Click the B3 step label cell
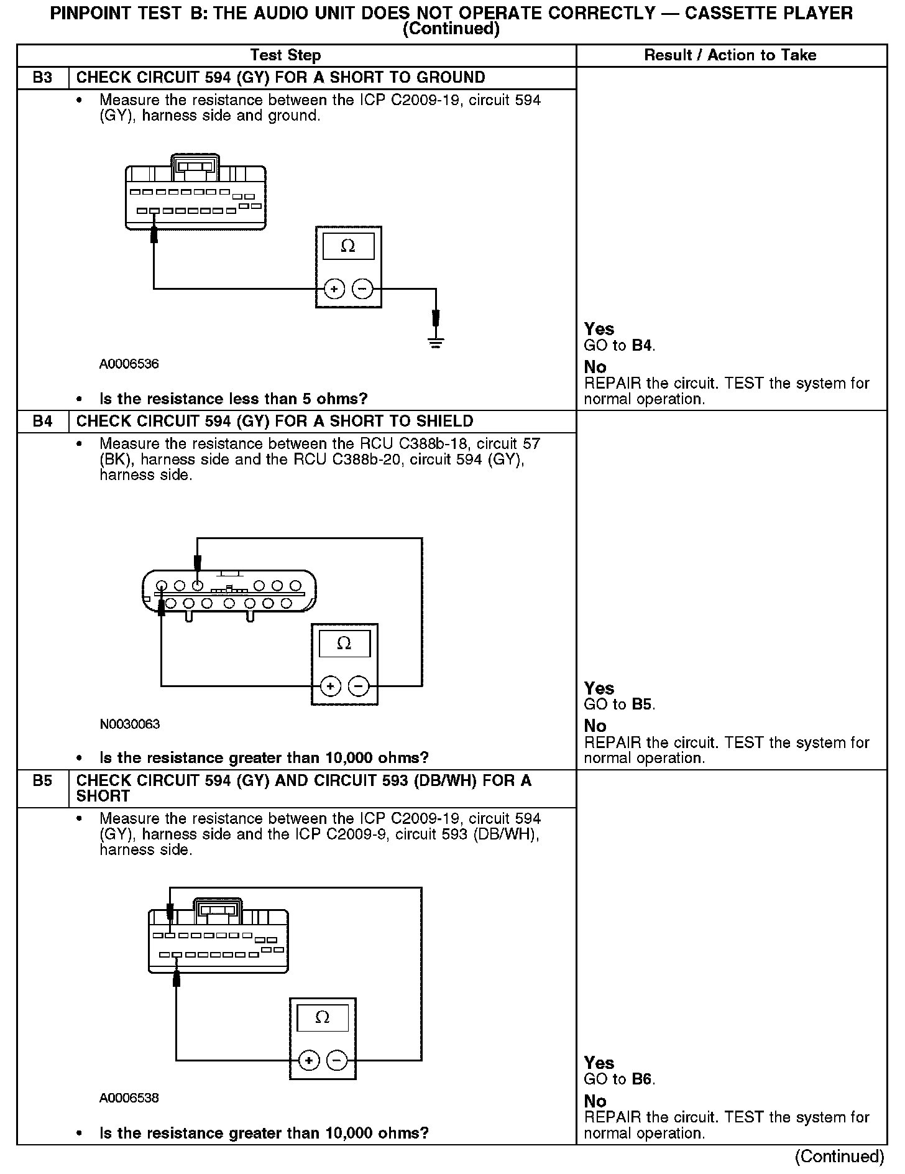point(42,78)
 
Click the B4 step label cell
point(42,422)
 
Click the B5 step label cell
point(42,781)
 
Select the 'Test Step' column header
point(285,55)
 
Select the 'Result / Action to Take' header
point(730,55)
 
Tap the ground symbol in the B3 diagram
point(436,342)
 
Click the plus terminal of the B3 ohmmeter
point(334,289)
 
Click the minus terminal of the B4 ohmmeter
point(359,686)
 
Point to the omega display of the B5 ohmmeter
point(322,1018)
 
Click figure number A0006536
point(129,364)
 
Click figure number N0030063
point(129,724)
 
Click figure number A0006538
point(129,1098)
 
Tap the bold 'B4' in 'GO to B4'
point(643,346)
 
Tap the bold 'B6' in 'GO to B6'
point(643,1079)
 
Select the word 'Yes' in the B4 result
point(599,688)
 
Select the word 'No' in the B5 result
point(595,1101)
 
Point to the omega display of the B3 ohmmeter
point(348,247)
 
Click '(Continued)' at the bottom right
point(839,1157)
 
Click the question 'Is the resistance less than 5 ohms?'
point(234,399)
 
